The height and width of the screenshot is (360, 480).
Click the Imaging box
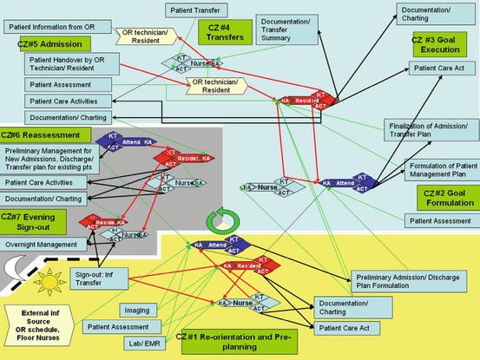(x=136, y=309)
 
